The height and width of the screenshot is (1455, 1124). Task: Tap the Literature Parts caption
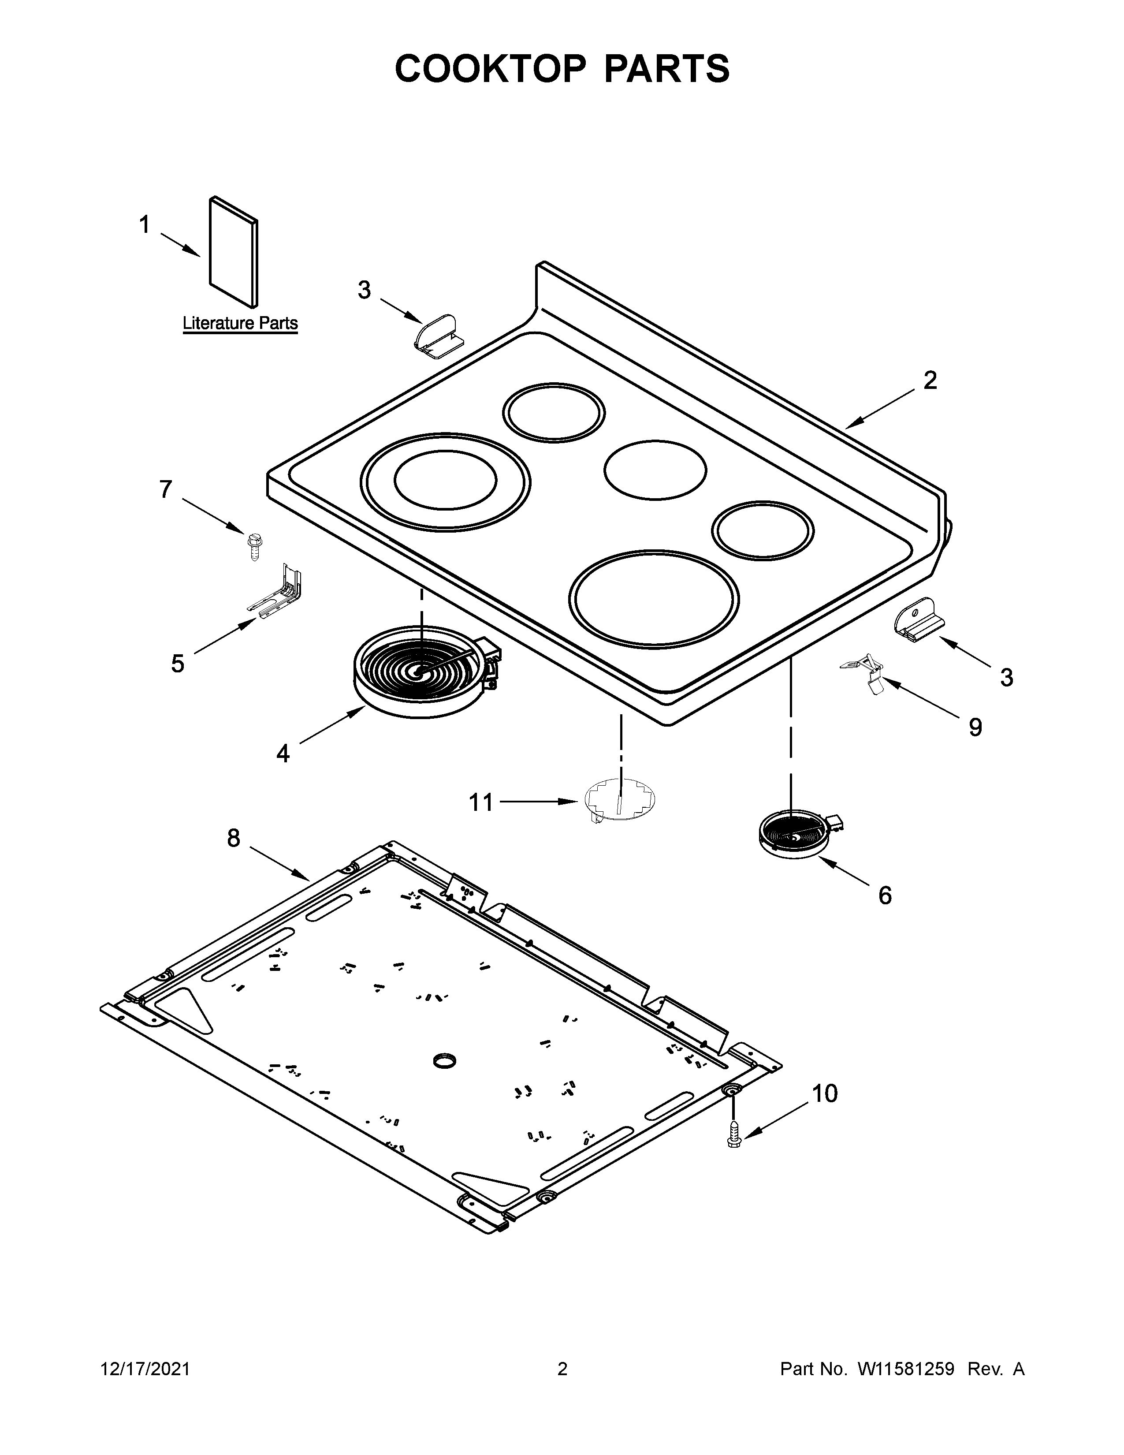(x=240, y=324)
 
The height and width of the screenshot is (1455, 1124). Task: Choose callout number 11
(x=481, y=802)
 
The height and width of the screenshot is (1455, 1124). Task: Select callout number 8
(x=233, y=838)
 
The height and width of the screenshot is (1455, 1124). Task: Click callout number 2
(x=930, y=381)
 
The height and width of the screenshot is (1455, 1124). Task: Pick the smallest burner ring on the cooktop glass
(x=763, y=530)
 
